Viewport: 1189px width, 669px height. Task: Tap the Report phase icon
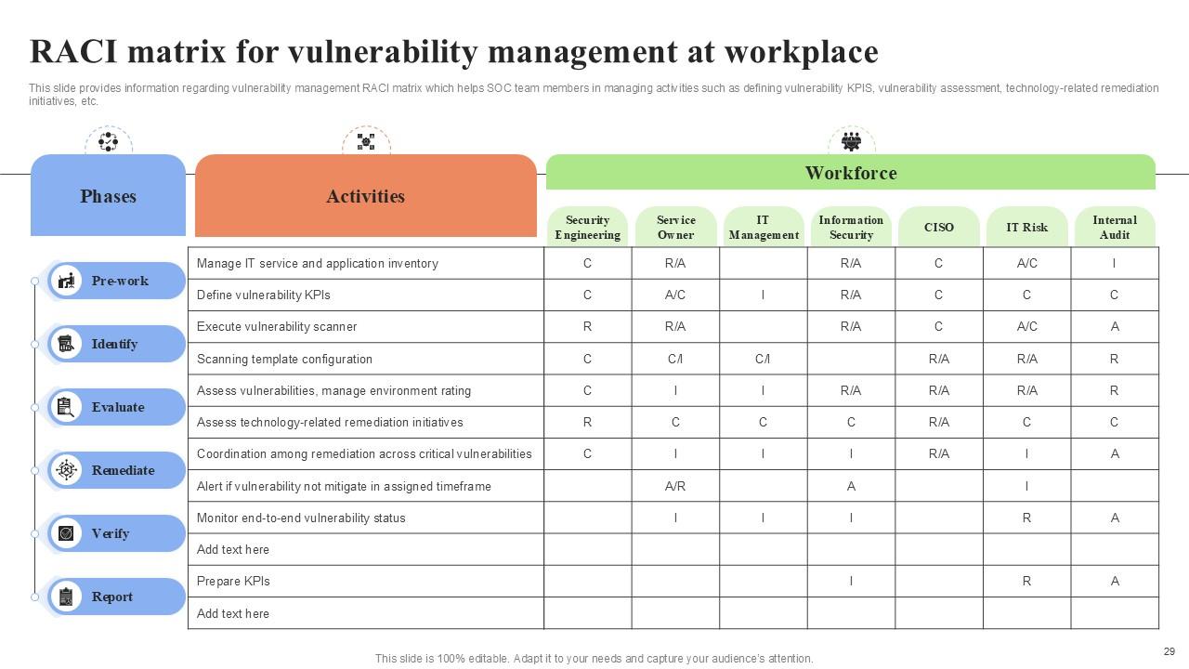(66, 597)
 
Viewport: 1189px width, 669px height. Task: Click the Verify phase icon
(66, 533)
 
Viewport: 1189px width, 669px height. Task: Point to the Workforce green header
(850, 173)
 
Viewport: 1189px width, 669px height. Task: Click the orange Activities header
(365, 196)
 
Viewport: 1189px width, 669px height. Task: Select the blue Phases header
(108, 196)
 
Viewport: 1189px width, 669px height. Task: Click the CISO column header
(938, 228)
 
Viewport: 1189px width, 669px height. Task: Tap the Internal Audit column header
(1114, 228)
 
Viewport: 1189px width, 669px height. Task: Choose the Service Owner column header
(675, 228)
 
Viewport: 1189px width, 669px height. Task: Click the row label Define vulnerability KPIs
(264, 295)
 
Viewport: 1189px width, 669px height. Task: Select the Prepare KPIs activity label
(233, 582)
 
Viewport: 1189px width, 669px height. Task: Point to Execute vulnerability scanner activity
(277, 327)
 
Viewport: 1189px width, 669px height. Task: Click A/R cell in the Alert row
(675, 486)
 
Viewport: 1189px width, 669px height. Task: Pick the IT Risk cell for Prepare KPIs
(1026, 582)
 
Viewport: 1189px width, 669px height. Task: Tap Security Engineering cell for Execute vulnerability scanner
(587, 327)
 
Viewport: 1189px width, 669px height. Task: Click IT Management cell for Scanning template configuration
(763, 359)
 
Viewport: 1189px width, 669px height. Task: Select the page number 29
(1169, 651)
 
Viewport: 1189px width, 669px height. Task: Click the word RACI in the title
(74, 51)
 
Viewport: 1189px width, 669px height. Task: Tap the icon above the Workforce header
(851, 141)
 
